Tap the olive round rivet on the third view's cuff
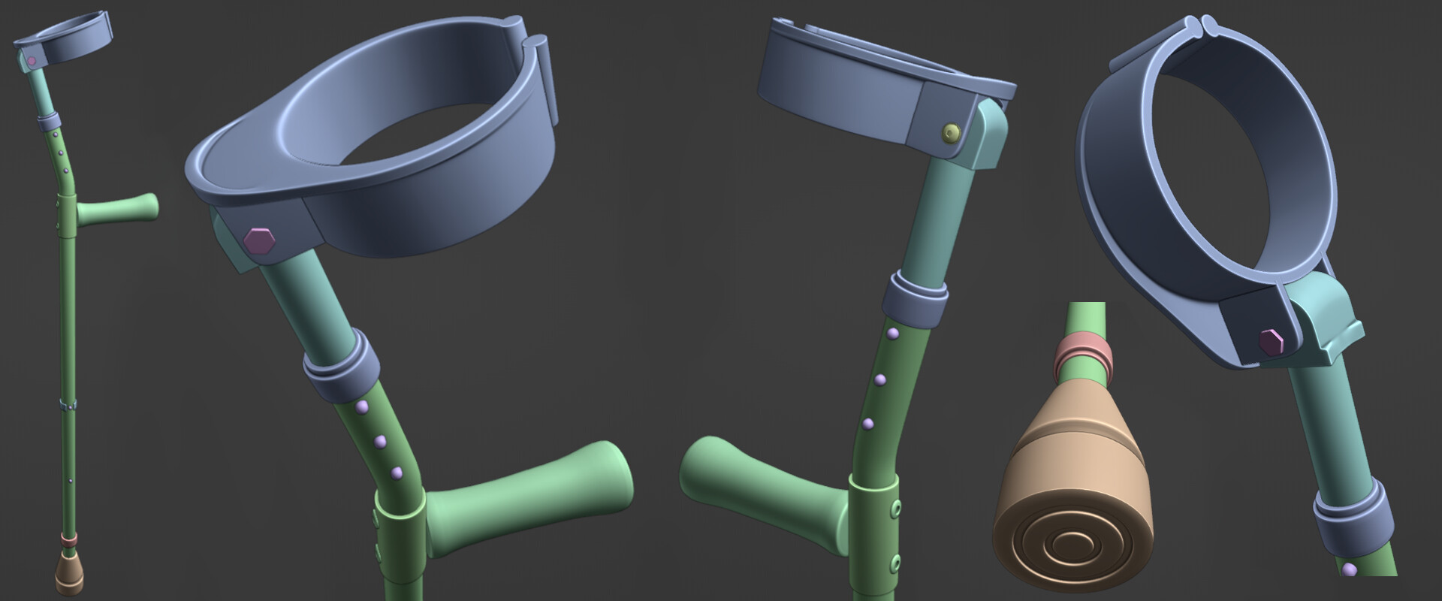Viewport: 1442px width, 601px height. tap(952, 134)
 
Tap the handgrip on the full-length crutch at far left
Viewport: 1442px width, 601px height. tap(120, 210)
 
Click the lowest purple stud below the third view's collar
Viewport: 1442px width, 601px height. tap(869, 424)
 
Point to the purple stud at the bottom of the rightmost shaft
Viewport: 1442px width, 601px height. tap(1350, 569)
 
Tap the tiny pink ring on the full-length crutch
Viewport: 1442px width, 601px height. tap(68, 539)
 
